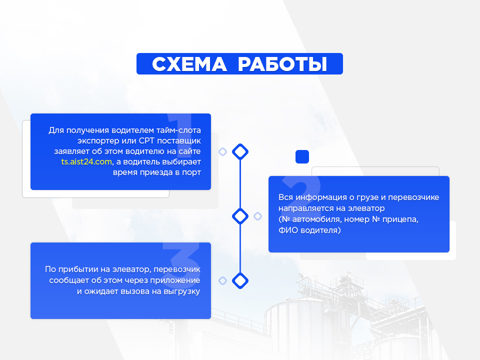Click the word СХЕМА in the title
(x=189, y=64)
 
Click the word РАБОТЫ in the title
(x=282, y=64)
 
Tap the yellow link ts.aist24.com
(x=86, y=161)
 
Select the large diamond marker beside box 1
(x=240, y=151)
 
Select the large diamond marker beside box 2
(x=240, y=216)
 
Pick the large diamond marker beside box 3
(x=240, y=280)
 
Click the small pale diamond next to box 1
(x=223, y=151)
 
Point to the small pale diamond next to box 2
(x=258, y=216)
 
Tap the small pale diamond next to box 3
(x=223, y=280)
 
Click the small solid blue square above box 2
(x=302, y=156)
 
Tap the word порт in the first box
(x=191, y=172)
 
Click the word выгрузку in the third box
(x=182, y=291)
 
